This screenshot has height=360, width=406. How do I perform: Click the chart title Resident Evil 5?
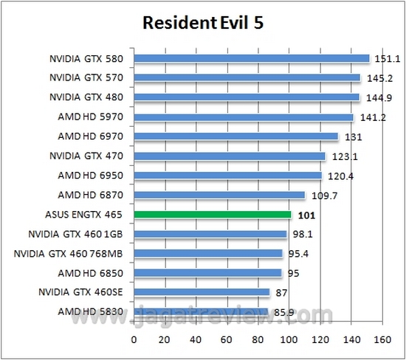point(202,24)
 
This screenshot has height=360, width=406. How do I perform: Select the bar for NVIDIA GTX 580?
point(251,58)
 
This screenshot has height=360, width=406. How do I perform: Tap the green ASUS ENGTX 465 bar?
point(213,215)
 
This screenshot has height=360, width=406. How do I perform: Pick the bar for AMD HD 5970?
point(244,117)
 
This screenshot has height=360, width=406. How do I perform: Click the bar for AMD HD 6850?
point(207,273)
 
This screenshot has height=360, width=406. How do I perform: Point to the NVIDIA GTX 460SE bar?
point(202,292)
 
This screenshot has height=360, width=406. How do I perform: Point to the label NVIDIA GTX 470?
point(86,156)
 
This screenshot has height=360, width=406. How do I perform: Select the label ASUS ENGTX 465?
point(83,215)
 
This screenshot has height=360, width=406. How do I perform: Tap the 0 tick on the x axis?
point(134,340)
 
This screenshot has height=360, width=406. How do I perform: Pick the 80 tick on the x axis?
point(258,340)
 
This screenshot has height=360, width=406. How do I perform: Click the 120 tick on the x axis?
point(320,340)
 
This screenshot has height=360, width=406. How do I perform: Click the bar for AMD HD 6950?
point(227,176)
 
